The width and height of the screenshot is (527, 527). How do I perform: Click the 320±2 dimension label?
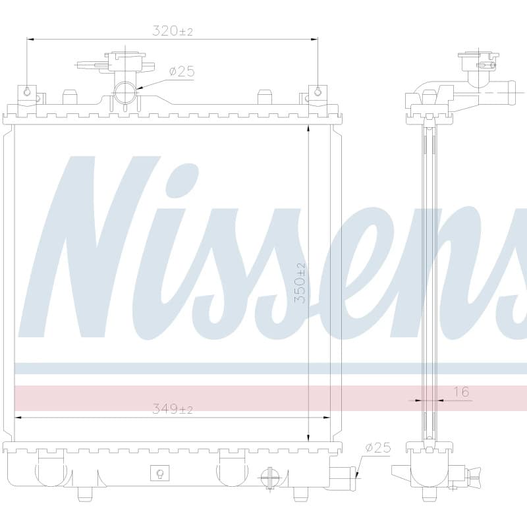tap(173, 31)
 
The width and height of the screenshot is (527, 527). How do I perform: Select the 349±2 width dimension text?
tap(173, 409)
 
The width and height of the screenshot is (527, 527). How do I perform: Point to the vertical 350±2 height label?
tap(300, 283)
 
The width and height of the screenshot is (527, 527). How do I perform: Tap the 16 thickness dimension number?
tap(461, 391)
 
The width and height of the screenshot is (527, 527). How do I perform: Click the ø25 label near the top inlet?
tap(182, 71)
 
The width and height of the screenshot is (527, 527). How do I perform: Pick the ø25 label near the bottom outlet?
tap(378, 448)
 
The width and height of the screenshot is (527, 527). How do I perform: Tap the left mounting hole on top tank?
tap(28, 92)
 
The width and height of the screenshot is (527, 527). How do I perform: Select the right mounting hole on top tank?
tap(318, 92)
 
